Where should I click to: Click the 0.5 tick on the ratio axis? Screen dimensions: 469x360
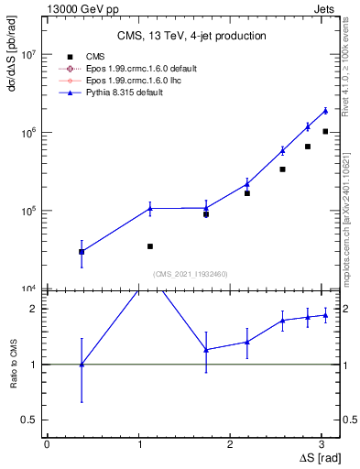tap(30, 420)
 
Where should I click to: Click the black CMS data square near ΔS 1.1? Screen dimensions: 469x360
tap(149, 246)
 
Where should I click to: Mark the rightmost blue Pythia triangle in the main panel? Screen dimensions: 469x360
tap(325, 111)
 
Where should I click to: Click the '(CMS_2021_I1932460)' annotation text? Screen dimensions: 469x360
tap(191, 274)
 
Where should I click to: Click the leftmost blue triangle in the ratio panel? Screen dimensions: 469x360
tap(82, 365)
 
